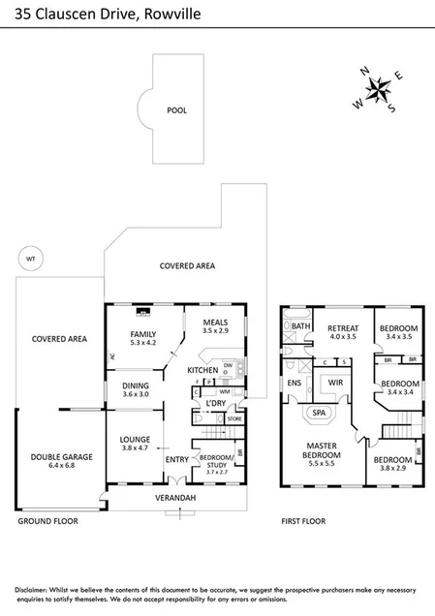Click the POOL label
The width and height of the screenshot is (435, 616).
click(176, 110)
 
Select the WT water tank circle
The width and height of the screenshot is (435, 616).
click(30, 259)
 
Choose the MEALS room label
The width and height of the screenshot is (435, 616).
click(215, 322)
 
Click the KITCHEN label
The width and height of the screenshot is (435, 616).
click(202, 371)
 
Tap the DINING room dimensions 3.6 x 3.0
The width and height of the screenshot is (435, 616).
click(135, 394)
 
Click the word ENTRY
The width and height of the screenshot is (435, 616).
click(176, 459)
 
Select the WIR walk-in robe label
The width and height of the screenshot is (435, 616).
click(336, 384)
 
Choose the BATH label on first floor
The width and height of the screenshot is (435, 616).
click(300, 327)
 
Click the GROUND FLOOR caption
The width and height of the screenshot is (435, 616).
click(47, 521)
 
